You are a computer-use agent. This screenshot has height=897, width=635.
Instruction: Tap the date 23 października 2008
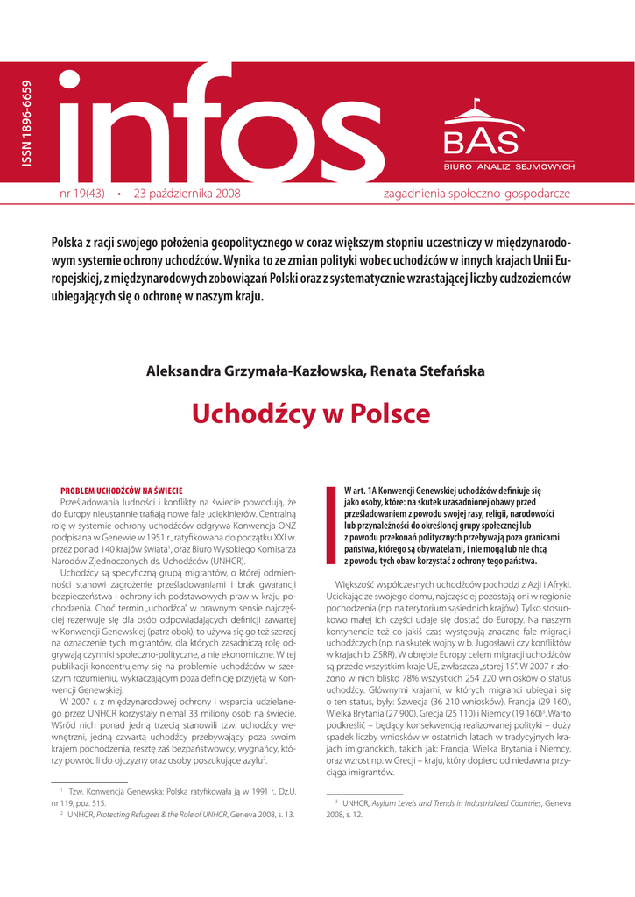pyautogui.click(x=187, y=193)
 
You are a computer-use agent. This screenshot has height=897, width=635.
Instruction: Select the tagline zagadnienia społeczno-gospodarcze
pyautogui.click(x=477, y=193)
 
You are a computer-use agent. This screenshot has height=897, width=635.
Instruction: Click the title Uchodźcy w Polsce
pyautogui.click(x=311, y=413)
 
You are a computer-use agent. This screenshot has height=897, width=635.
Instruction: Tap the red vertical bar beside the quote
pyautogui.click(x=330, y=524)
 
